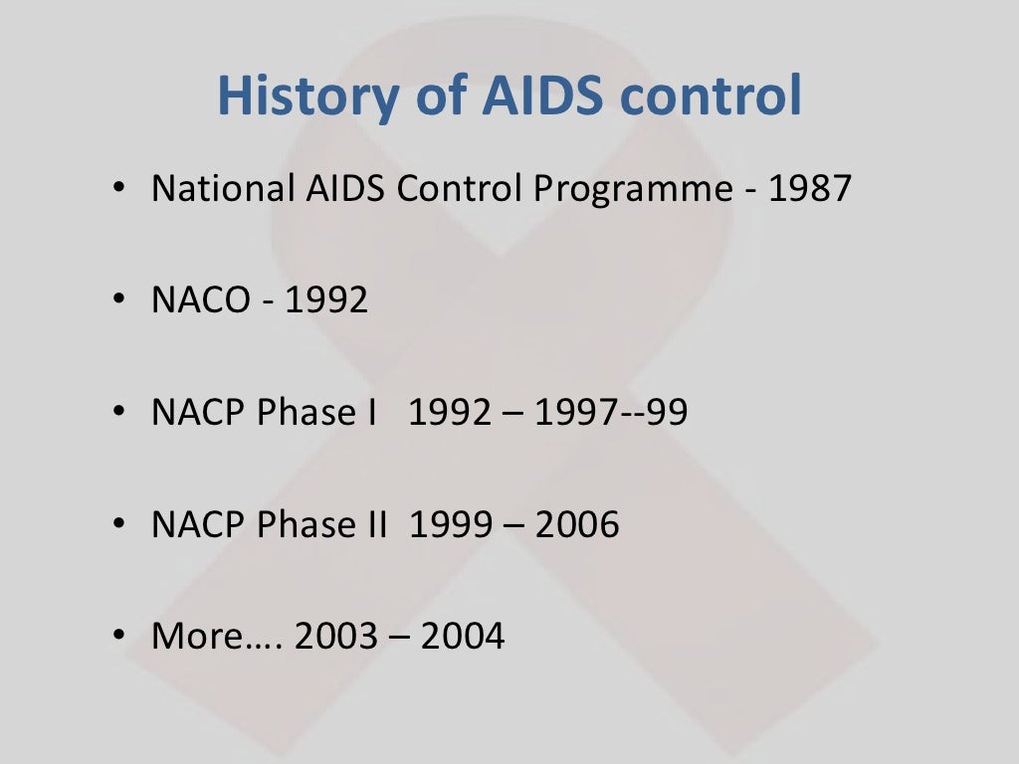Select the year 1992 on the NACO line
tap(326, 299)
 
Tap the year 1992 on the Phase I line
tap(450, 412)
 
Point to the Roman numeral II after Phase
tap(374, 524)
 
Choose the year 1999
tap(450, 524)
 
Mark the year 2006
tap(577, 524)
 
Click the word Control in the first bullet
tap(458, 188)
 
